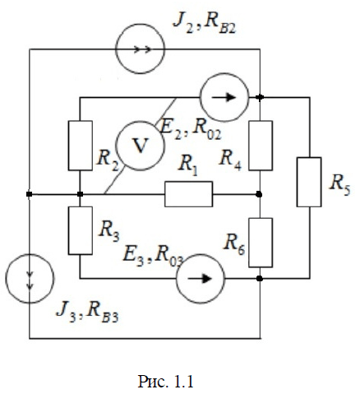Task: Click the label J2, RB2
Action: point(205,24)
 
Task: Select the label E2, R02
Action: point(191,129)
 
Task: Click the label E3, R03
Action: point(153,257)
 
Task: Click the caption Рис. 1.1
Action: point(165,382)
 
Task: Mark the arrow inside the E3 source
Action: point(200,279)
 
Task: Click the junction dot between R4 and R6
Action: point(259,194)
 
